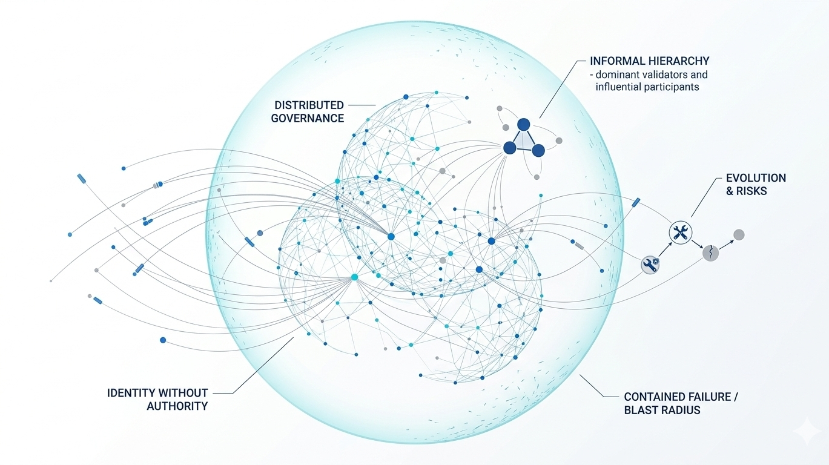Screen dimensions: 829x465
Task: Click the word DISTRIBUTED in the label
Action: pyautogui.click(x=307, y=105)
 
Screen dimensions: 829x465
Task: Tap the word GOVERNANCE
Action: pyautogui.click(x=307, y=119)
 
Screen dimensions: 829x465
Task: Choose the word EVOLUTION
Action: pyautogui.click(x=756, y=178)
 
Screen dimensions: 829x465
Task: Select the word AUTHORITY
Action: pyautogui.click(x=177, y=406)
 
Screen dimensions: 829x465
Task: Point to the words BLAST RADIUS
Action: pyautogui.click(x=662, y=410)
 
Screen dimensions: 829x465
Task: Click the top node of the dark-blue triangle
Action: pyautogui.click(x=523, y=124)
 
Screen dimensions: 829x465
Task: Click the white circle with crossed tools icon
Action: pyautogui.click(x=679, y=232)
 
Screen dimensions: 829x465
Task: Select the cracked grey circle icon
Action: pyautogui.click(x=710, y=252)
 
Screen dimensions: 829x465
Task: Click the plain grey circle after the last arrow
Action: pyautogui.click(x=739, y=235)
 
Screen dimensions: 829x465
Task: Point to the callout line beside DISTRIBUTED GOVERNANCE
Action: pyautogui.click(x=362, y=105)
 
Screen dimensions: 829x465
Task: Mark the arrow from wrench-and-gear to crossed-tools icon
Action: pyautogui.click(x=664, y=248)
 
